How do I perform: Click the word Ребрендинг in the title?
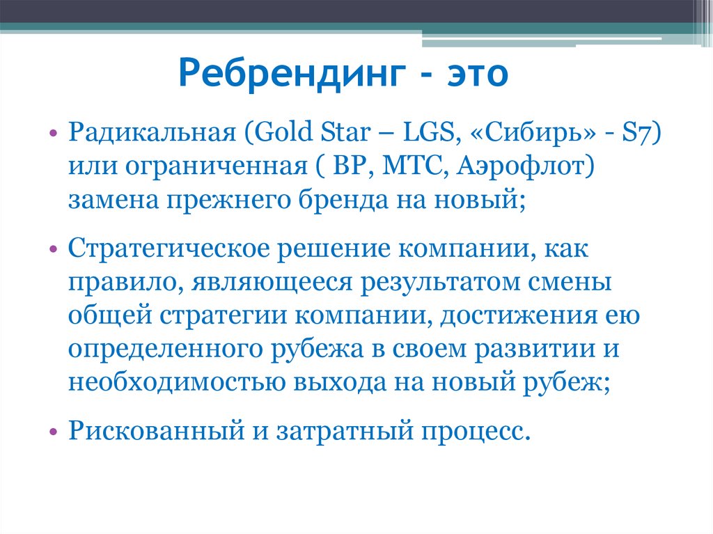[292, 74]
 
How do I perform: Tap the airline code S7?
[636, 133]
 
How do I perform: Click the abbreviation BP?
[350, 166]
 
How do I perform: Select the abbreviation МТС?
[412, 166]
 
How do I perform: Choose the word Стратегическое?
[169, 249]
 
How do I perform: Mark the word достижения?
[518, 315]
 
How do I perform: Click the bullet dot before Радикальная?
[53, 134]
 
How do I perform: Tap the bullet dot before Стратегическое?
[53, 249]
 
